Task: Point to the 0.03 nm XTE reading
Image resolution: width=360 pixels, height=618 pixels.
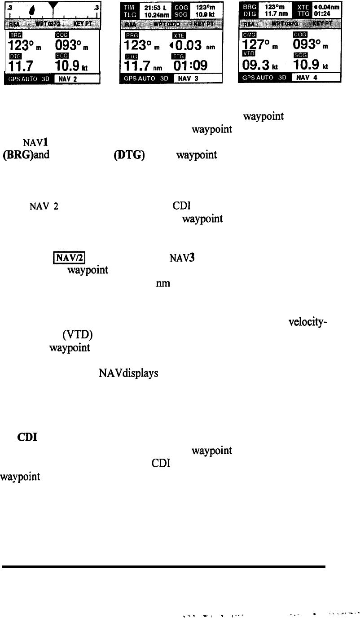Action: (189, 47)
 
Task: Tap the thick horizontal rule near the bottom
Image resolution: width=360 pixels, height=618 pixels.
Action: (164, 567)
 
